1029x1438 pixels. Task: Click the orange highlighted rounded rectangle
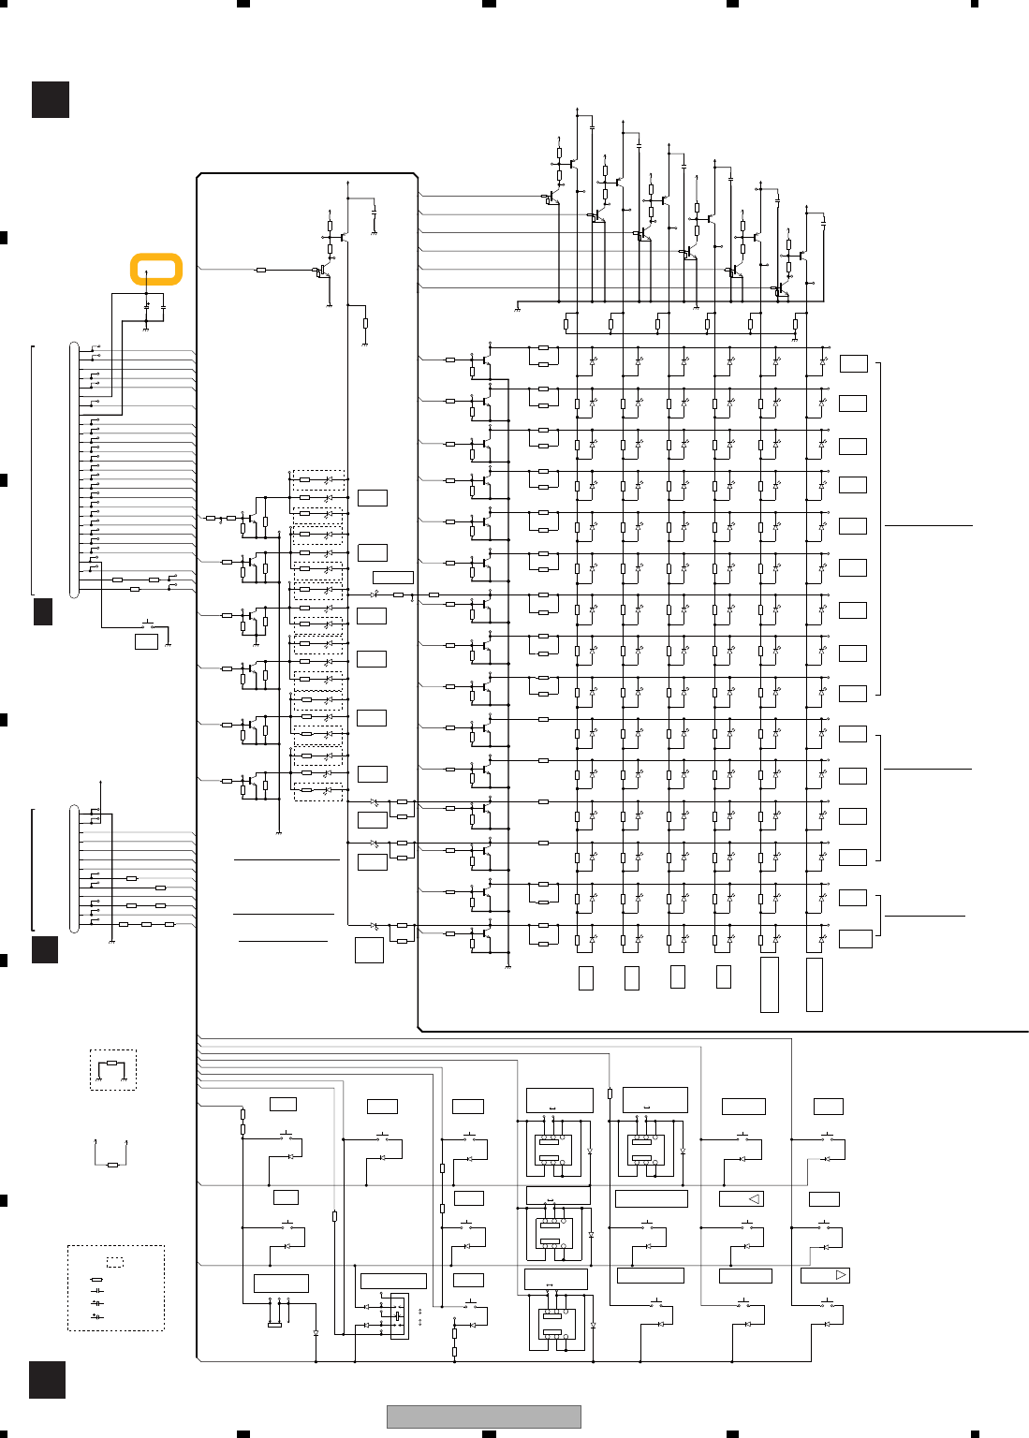coord(155,269)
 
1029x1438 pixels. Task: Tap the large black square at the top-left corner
coord(51,99)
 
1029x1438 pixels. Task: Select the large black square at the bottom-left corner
coord(47,1380)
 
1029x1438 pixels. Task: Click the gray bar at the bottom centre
coord(484,1416)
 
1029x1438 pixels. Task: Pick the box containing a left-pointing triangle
coord(741,1198)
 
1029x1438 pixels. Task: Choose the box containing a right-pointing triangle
coord(825,1275)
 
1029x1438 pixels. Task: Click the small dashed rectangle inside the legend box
coord(115,1262)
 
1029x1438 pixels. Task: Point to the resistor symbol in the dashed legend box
coord(96,1279)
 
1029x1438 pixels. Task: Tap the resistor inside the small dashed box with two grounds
coord(112,1064)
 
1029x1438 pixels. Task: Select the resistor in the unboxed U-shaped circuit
coord(112,1165)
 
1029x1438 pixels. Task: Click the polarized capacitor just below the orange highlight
coord(146,306)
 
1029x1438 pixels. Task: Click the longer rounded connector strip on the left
coord(74,469)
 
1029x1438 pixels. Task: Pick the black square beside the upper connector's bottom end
coord(43,611)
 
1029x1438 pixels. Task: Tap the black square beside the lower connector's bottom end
coord(45,949)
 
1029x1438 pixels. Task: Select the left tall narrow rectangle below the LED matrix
coord(769,984)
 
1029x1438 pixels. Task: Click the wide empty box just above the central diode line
coord(393,577)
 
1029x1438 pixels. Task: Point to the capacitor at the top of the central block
coord(374,212)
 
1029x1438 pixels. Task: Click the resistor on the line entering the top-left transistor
coord(260,270)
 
